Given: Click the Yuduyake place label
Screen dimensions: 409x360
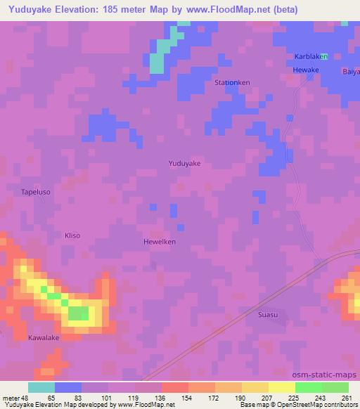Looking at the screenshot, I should pyautogui.click(x=185, y=163).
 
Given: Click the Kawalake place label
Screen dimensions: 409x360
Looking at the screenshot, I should pyautogui.click(x=44, y=338).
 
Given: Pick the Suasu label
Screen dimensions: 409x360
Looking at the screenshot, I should pyautogui.click(x=268, y=315).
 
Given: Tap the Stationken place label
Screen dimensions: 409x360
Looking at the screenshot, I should pyautogui.click(x=232, y=82).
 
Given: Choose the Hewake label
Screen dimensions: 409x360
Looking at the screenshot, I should pyautogui.click(x=307, y=70).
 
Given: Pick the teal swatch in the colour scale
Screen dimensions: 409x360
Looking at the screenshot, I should pyautogui.click(x=41, y=387).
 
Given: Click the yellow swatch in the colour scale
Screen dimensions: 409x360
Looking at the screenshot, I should pyautogui.click(x=282, y=387).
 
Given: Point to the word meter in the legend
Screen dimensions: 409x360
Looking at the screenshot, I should pyautogui.click(x=11, y=397).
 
